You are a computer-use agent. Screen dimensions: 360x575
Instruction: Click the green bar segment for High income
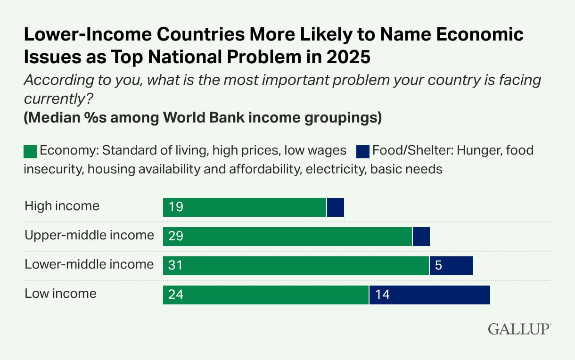click(x=245, y=207)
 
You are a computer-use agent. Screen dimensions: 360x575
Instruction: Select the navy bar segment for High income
click(x=336, y=207)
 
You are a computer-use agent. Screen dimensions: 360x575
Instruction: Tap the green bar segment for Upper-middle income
click(x=287, y=236)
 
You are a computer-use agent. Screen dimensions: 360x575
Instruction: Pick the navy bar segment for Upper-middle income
click(x=421, y=236)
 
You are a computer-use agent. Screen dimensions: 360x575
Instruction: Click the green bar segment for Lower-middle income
click(x=296, y=266)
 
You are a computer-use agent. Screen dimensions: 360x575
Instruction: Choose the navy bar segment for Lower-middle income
click(x=451, y=266)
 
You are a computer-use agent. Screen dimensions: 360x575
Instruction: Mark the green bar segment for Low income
click(x=266, y=295)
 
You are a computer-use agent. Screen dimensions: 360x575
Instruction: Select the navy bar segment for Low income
click(x=430, y=295)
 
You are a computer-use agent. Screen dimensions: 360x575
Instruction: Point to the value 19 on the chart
click(x=175, y=207)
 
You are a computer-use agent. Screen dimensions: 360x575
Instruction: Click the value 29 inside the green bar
click(x=175, y=236)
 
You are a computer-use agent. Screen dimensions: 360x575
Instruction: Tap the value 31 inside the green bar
click(x=175, y=266)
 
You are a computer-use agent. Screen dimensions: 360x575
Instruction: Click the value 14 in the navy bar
click(x=382, y=295)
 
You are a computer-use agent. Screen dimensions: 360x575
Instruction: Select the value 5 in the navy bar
click(x=438, y=266)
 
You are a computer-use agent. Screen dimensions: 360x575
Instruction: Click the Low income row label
click(x=60, y=294)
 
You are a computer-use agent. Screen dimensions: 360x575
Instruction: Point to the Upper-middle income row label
click(x=89, y=235)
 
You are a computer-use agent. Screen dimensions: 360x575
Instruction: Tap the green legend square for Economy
click(x=30, y=152)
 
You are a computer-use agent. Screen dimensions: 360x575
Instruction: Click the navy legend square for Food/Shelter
click(x=362, y=152)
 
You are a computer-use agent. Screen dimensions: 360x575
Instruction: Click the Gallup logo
click(x=519, y=328)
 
